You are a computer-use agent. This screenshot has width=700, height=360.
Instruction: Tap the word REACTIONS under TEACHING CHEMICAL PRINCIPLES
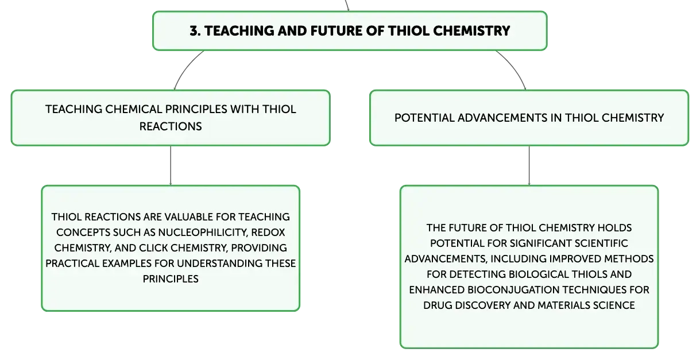click(x=171, y=126)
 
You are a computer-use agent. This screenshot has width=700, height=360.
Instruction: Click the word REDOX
click(x=268, y=233)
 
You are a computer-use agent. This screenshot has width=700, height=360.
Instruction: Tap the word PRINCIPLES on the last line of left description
click(x=171, y=278)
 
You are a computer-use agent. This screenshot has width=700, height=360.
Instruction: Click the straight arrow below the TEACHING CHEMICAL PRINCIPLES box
click(x=171, y=165)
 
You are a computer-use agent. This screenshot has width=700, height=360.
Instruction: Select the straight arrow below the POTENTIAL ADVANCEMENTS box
click(x=529, y=165)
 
